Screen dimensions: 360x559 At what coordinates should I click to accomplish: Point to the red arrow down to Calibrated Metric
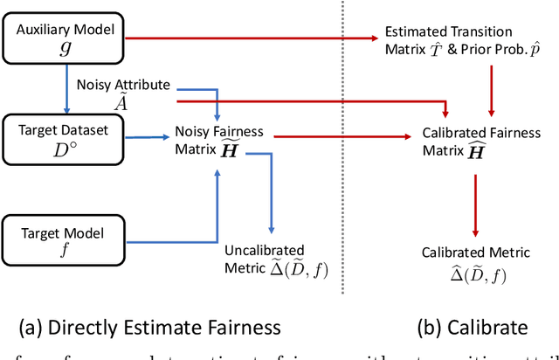474,205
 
